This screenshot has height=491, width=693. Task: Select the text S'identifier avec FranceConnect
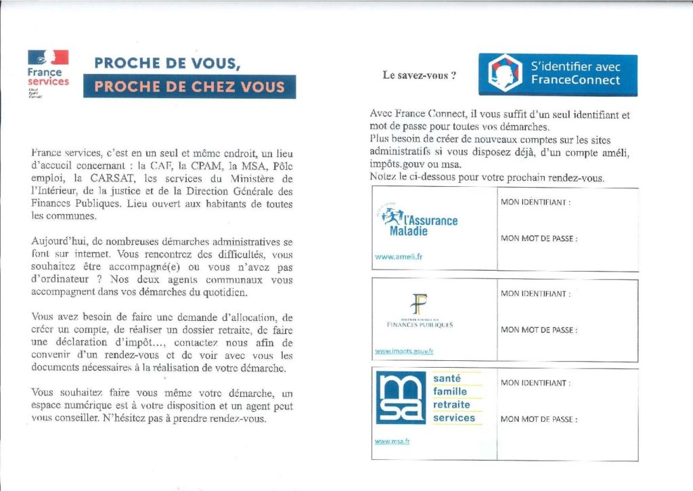pos(575,73)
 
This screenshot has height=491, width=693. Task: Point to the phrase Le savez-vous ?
pos(419,75)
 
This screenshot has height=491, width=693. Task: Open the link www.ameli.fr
pos(399,257)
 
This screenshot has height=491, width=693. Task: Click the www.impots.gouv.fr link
pos(404,351)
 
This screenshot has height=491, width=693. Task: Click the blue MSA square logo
pos(401,399)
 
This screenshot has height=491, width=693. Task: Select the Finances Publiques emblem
pos(416,303)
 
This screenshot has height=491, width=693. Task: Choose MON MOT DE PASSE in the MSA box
pos(539,419)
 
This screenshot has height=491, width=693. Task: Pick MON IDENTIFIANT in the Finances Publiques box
pos(535,294)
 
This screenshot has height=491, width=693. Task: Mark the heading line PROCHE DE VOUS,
pos(166,63)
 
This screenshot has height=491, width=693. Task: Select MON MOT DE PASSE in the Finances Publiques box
pos(539,330)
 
